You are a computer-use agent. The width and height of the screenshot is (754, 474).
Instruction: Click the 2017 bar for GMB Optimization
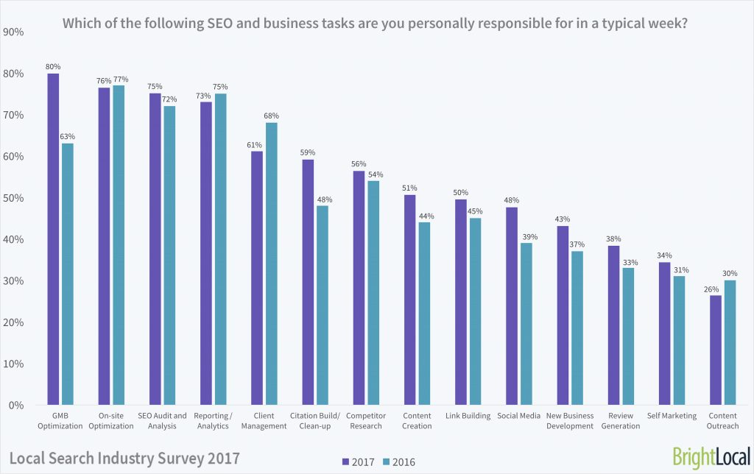53,239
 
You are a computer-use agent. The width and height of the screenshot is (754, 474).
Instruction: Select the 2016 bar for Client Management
271,263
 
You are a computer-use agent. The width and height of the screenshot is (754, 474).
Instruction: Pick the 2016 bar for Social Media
526,324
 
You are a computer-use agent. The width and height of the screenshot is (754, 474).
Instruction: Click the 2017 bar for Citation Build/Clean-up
308,282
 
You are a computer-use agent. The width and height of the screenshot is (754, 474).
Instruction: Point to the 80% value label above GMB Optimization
53,66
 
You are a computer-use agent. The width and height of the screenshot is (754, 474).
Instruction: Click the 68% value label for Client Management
272,116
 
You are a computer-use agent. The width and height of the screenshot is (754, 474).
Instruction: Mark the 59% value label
308,152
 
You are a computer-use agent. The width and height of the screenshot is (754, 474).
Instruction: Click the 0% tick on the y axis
17,406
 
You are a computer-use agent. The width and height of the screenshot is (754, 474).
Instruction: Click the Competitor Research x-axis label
366,421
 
